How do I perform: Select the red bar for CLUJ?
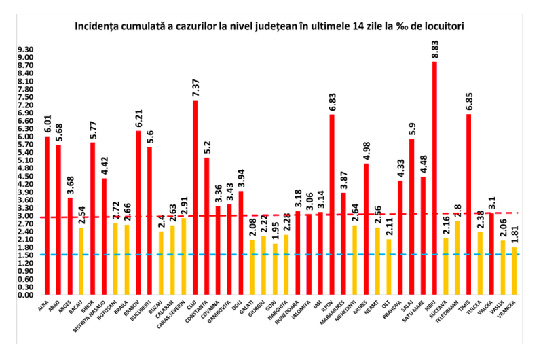click(x=195, y=197)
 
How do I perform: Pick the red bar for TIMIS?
click(x=468, y=204)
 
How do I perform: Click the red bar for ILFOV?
click(x=331, y=204)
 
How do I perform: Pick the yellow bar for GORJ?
click(x=274, y=269)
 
